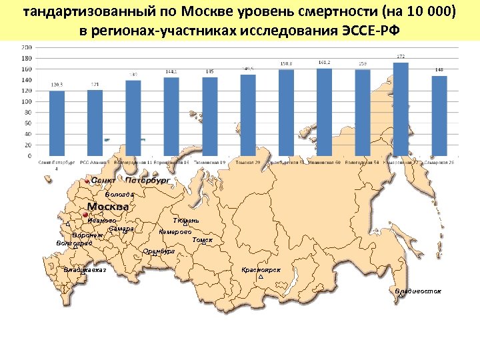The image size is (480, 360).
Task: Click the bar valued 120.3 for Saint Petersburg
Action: (x=57, y=123)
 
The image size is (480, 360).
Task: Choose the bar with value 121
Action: (x=95, y=123)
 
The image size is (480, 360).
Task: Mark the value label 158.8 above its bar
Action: (x=286, y=65)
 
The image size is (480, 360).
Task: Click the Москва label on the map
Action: (x=108, y=206)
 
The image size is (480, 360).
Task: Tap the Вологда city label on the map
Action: (x=119, y=195)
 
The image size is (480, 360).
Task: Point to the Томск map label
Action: (x=202, y=239)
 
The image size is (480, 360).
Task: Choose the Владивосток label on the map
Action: (x=417, y=291)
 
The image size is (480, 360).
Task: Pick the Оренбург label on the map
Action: (x=159, y=251)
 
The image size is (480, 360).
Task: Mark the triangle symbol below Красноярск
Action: (x=260, y=276)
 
